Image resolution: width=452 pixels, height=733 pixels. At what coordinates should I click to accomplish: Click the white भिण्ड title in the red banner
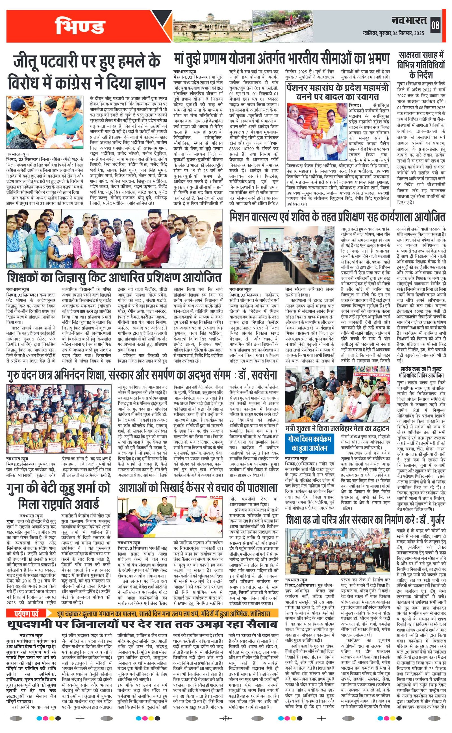click(x=80, y=26)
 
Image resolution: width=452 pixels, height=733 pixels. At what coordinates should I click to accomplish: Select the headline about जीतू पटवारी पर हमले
click(x=87, y=72)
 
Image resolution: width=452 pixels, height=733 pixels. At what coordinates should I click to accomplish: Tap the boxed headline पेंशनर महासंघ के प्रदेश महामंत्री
click(x=338, y=92)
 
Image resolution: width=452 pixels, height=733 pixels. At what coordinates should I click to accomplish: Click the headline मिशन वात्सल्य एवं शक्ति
click(x=337, y=217)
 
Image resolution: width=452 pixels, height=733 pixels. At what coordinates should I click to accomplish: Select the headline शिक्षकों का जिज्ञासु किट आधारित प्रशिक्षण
click(x=114, y=277)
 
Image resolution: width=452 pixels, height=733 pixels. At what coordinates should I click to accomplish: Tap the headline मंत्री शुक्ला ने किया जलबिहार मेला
click(x=337, y=428)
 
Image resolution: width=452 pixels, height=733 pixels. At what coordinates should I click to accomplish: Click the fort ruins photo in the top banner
click(x=212, y=26)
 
